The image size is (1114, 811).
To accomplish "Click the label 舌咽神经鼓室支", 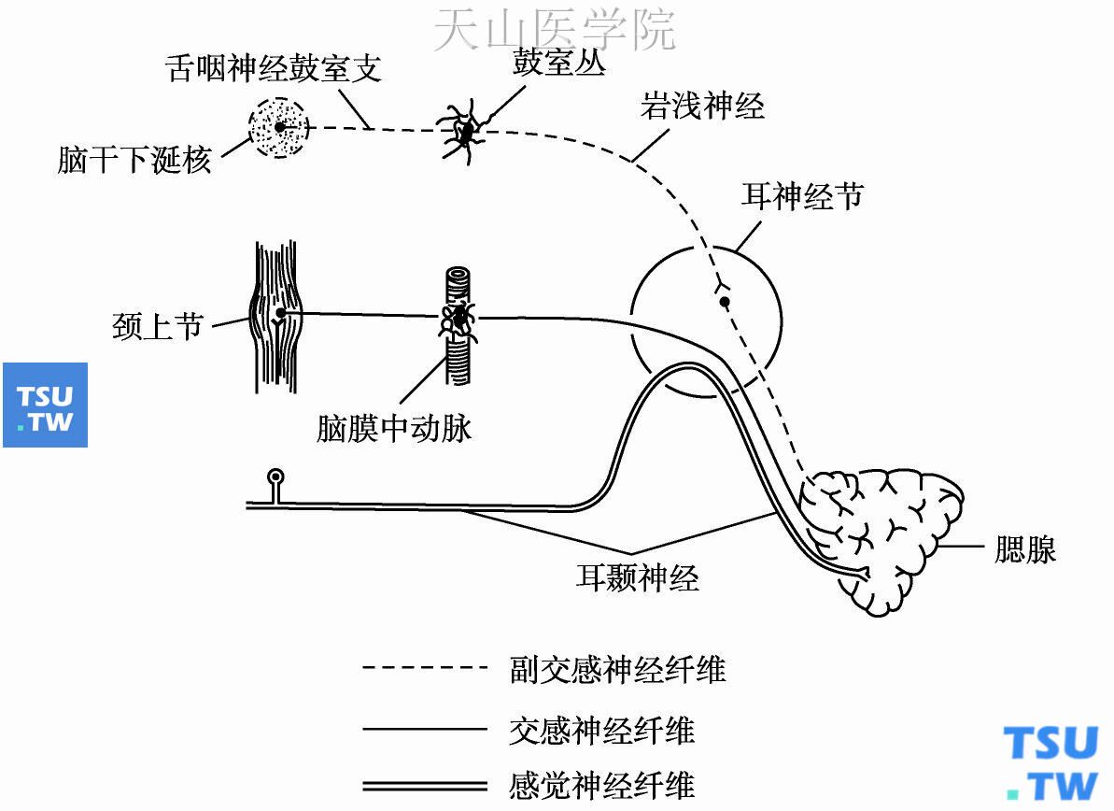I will click(274, 69).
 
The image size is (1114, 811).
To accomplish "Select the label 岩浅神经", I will click(702, 106).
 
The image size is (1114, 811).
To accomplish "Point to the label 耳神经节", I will click(802, 196).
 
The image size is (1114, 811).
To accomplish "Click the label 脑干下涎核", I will click(134, 161).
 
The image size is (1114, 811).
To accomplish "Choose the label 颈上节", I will click(157, 327).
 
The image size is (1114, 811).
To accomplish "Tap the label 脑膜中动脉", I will click(394, 428).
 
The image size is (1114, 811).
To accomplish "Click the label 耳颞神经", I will click(637, 577).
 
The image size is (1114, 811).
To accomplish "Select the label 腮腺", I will click(1024, 549).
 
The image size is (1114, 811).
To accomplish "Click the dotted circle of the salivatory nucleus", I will click(278, 126).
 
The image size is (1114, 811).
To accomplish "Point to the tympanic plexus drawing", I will click(464, 131).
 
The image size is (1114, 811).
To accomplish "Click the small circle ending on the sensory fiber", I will click(276, 478).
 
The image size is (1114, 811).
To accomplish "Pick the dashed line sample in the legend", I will click(425, 668).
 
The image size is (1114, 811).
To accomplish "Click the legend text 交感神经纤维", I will click(602, 729).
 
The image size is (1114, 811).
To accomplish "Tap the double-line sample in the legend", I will click(425, 785).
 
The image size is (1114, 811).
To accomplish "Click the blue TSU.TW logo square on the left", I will click(45, 405).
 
